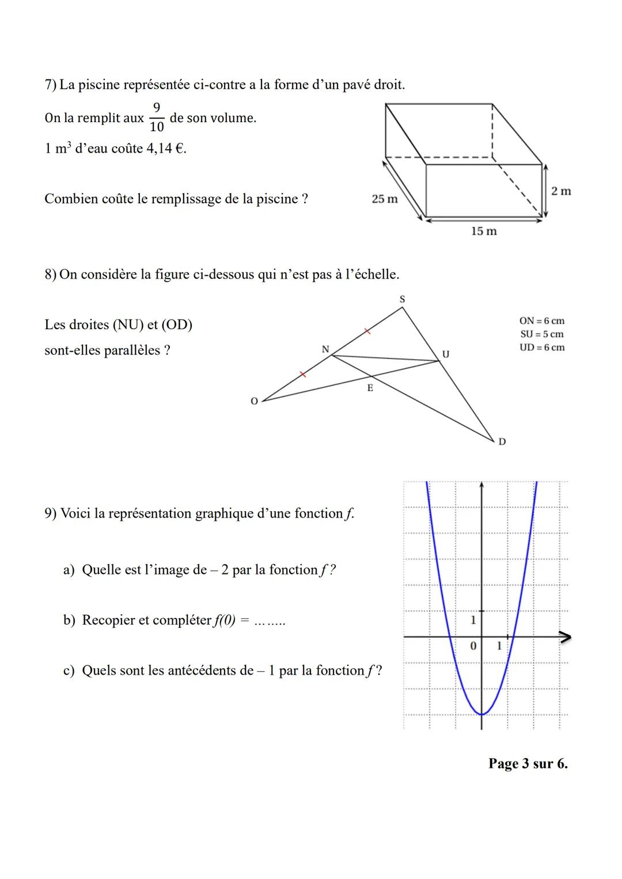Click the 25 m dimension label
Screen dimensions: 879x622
pos(385,199)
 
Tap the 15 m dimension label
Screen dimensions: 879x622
pos(484,231)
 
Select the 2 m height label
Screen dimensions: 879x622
pos(561,191)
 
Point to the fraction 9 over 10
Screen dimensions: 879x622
pos(157,117)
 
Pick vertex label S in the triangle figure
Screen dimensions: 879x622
pos(402,299)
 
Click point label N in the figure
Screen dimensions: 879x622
pos(325,349)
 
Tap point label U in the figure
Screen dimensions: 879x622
pos(445,353)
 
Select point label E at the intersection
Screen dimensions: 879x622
pos(370,389)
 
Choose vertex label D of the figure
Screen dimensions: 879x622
pos(502,442)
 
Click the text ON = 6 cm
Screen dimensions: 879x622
pos(541,321)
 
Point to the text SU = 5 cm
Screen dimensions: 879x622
pos(541,334)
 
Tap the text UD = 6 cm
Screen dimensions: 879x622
pos(541,347)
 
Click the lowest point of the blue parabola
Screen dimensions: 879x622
pos(482,714)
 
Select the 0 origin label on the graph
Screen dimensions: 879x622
pos(473,646)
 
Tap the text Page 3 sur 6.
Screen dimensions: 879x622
pos(528,764)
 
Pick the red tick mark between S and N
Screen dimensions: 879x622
pos(366,332)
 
